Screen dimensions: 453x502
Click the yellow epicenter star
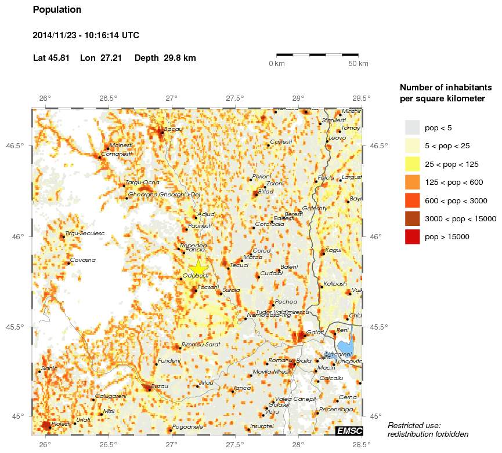[x=198, y=267]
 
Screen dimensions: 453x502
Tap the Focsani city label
[x=208, y=287]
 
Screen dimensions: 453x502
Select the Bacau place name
[x=174, y=129]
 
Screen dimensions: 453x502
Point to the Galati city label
[x=315, y=333]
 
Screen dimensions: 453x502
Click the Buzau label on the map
[x=160, y=386]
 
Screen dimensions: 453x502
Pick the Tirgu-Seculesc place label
[x=85, y=233]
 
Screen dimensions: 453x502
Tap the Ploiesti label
[x=61, y=424]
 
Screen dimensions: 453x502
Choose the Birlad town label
[x=265, y=191]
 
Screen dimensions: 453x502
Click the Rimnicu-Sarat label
[x=201, y=345]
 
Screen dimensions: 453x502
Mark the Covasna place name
[x=83, y=260]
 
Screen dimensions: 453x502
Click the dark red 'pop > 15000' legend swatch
[x=412, y=236]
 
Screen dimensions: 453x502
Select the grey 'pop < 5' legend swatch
[x=412, y=127]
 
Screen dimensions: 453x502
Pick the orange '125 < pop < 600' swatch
[x=412, y=182]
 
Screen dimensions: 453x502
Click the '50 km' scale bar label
[x=358, y=64]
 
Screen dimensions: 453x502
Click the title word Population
[x=57, y=10]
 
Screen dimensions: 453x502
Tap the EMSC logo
[x=349, y=430]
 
